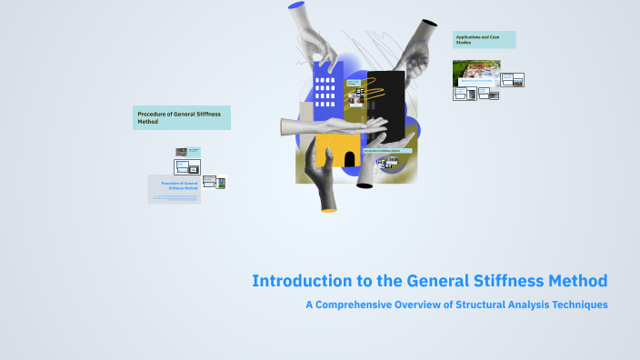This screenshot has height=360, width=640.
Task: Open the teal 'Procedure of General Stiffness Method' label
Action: click(x=181, y=117)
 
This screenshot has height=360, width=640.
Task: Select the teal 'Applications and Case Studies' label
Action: click(x=484, y=39)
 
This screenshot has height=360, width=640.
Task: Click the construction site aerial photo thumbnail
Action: click(x=475, y=73)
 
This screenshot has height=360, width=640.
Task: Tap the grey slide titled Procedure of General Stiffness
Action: click(x=175, y=189)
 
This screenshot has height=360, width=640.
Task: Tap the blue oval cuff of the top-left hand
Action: click(x=296, y=5)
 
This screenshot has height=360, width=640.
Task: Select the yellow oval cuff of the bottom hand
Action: click(x=328, y=209)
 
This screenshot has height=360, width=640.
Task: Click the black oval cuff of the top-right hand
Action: click(x=428, y=24)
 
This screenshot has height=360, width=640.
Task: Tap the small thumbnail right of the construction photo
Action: click(x=513, y=79)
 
